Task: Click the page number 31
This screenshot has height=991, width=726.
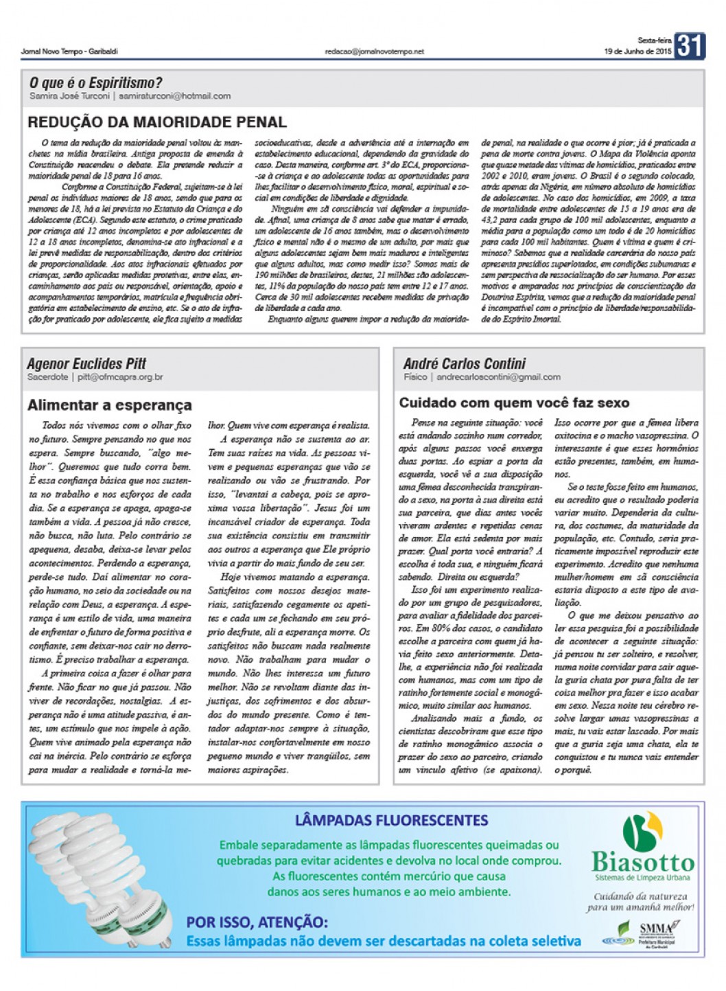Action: [689, 46]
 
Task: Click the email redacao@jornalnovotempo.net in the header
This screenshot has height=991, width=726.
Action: [375, 52]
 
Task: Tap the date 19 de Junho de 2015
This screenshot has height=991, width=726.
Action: [637, 52]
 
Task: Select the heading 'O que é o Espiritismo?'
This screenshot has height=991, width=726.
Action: [95, 83]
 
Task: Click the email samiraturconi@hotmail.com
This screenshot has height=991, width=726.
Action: [174, 96]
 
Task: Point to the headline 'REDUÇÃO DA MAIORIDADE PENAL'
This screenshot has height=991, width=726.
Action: [156, 123]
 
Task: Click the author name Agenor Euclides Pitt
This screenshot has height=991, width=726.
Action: [86, 363]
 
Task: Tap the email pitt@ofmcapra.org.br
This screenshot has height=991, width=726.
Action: [120, 377]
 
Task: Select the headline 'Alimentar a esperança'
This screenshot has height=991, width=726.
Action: [110, 405]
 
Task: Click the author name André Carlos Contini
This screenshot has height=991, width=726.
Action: [465, 363]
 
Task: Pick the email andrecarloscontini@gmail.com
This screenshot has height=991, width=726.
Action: [498, 377]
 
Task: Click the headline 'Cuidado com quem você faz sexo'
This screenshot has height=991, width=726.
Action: [514, 403]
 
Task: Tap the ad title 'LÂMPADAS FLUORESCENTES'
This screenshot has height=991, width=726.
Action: [391, 820]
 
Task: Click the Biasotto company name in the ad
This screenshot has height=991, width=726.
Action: [643, 861]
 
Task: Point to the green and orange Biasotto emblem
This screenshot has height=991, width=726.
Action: [642, 830]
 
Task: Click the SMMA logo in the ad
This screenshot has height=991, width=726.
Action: [656, 929]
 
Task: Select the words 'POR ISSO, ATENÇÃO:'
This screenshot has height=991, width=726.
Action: [257, 922]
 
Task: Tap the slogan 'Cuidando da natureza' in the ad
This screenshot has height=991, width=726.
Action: [640, 896]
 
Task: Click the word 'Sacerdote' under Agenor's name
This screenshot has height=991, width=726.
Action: [47, 377]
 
